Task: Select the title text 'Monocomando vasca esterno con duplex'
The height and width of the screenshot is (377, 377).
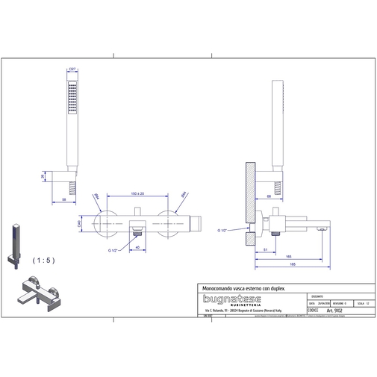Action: [x=241, y=286]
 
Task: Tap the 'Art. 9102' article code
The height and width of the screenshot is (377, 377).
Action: [x=323, y=310]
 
